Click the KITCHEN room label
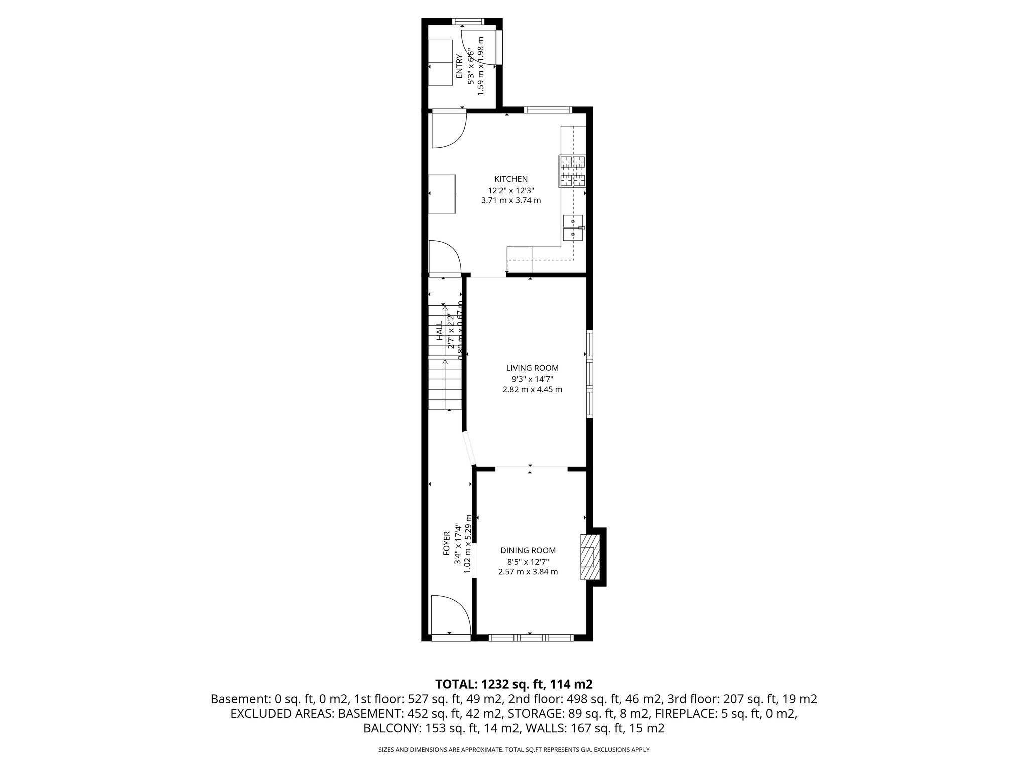coord(511,179)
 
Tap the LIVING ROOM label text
coord(532,368)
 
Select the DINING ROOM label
coord(528,550)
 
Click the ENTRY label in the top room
coord(459,66)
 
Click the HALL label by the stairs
coord(440,331)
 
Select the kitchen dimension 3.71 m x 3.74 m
coord(511,200)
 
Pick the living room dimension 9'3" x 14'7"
coord(532,380)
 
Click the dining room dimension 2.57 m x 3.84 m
coord(528,571)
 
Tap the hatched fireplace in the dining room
coord(589,557)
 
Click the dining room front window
coord(530,638)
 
